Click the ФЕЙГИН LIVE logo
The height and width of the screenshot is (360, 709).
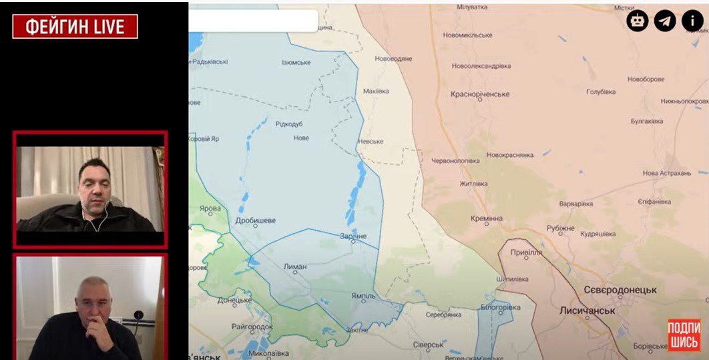point(75,26)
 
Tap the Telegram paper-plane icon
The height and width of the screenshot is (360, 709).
point(664,21)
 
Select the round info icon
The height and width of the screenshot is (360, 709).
point(692,21)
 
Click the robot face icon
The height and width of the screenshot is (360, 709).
point(637,21)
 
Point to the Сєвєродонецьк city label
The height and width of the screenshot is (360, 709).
point(620,290)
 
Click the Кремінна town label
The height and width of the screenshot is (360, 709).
point(487,218)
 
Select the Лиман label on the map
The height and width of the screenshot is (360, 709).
point(295,266)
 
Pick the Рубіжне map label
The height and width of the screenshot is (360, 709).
point(560,228)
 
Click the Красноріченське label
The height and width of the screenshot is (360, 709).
point(480,95)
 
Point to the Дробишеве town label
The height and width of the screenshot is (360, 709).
point(256,220)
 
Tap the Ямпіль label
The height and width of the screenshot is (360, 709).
point(364,295)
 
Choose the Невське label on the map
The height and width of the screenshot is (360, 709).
point(371,142)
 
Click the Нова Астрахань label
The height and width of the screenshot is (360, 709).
point(666,173)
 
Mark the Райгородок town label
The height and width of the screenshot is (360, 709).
point(252,327)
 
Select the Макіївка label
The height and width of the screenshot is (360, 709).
point(375,91)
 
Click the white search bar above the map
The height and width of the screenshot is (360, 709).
point(254,21)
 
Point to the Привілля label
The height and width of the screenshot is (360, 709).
point(526,253)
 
